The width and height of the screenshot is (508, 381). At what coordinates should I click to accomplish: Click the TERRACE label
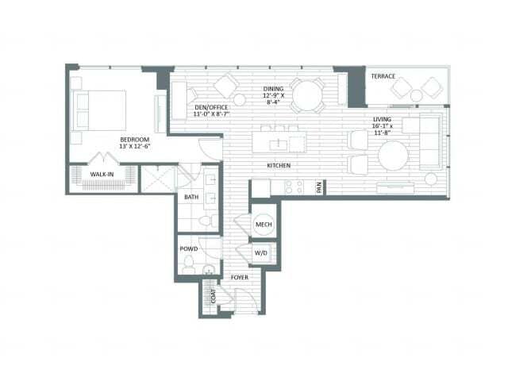coord(383,76)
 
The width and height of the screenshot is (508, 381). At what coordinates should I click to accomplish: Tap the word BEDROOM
coord(135,140)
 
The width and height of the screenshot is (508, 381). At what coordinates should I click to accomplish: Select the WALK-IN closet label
coord(102,175)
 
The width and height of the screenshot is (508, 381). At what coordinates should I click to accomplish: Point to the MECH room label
coord(264,224)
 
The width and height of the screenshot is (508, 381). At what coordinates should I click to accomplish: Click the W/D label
coord(261,253)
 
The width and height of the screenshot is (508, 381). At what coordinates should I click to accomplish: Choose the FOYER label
coord(240,278)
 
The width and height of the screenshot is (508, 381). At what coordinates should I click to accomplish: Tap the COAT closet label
coord(214,296)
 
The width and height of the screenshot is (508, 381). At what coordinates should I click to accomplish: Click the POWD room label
coord(189,248)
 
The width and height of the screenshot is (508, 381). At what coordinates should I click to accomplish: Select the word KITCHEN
coord(279,166)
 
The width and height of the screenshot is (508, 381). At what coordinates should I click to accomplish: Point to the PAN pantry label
coord(319,187)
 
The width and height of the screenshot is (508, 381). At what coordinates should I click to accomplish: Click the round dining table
coord(307,94)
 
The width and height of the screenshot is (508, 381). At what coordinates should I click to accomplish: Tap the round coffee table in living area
coord(394,156)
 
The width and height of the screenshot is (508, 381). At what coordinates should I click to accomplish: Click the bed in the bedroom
coord(100,110)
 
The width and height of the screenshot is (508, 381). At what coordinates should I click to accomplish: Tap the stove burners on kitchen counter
coord(294,187)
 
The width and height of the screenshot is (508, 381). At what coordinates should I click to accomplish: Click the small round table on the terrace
coord(416,95)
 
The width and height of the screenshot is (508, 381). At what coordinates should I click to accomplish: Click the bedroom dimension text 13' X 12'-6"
coord(135,146)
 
